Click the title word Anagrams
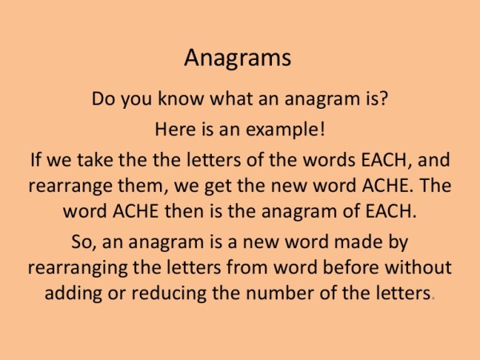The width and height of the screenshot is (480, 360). pyautogui.click(x=238, y=58)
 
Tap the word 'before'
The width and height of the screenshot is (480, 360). pyautogui.click(x=342, y=266)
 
